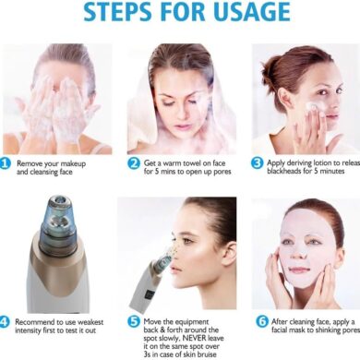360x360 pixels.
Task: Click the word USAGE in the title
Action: pyautogui.click(x=252, y=12)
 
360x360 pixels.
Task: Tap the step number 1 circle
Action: pyautogui.click(x=5, y=163)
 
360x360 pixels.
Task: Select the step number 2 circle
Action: pyautogui.click(x=134, y=163)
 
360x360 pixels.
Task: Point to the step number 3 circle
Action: pyautogui.click(x=257, y=163)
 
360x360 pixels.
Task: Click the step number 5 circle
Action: pyautogui.click(x=134, y=322)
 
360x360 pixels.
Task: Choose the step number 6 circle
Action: pyautogui.click(x=262, y=322)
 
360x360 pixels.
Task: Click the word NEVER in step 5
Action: pyautogui.click(x=195, y=338)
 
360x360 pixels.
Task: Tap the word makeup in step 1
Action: pyautogui.click(x=73, y=163)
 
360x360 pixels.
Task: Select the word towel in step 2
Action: pyautogui.click(x=192, y=163)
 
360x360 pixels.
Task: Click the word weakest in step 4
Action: pyautogui.click(x=90, y=322)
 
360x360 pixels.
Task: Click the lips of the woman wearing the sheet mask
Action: pyautogui.click(x=298, y=270)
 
